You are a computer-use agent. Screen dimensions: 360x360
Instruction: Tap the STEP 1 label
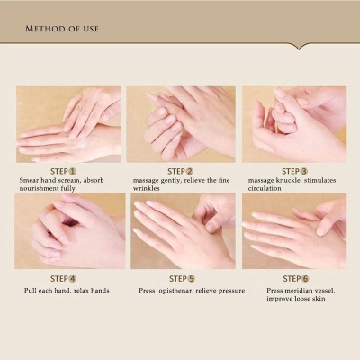63,171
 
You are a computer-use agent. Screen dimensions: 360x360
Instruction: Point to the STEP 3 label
294,171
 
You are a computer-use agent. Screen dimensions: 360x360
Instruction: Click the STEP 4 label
63,278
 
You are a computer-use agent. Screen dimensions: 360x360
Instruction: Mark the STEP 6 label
294,278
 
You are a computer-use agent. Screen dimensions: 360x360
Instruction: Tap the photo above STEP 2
181,124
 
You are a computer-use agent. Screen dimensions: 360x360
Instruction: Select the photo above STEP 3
293,124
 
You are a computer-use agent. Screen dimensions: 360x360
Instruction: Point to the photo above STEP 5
181,231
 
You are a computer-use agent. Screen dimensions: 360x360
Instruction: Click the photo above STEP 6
293,231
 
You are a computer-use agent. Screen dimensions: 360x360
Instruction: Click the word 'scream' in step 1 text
73,181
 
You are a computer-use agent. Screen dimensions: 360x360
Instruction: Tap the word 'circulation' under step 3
265,191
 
